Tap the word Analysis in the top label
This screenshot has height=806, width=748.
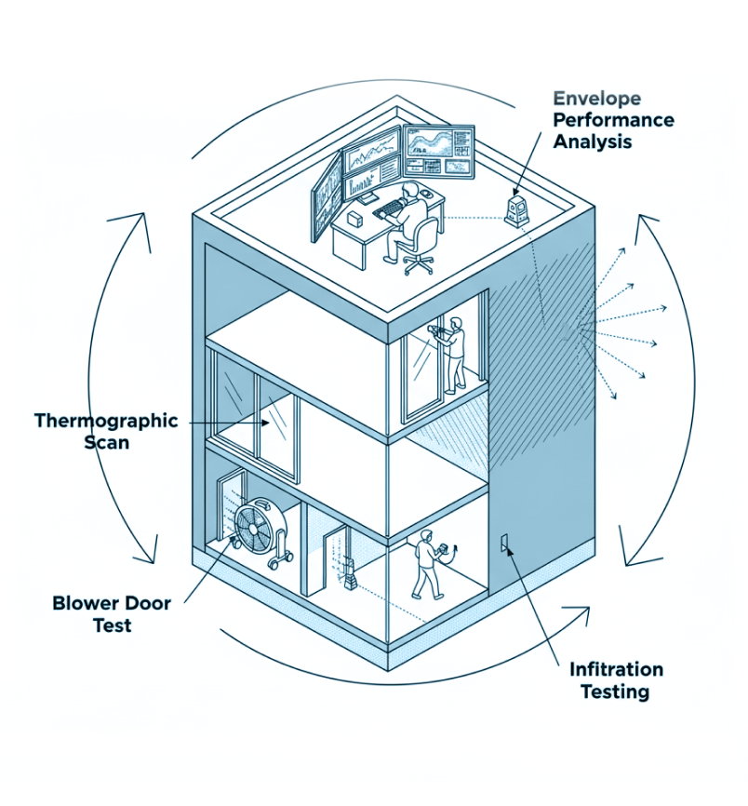593,142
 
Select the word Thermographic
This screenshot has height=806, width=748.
105,420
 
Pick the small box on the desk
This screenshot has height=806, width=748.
355,220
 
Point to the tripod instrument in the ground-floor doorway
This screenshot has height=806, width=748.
350,572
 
